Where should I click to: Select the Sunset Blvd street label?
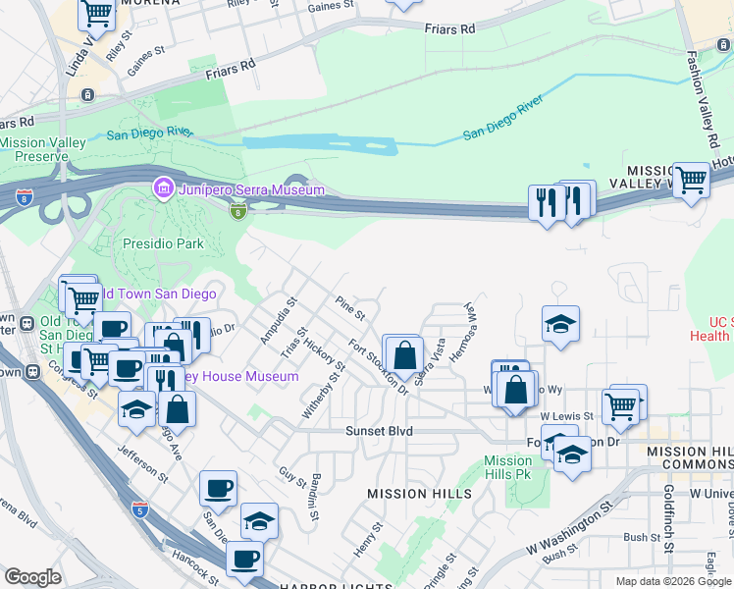pyautogui.click(x=379, y=431)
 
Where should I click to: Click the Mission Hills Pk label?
pyautogui.click(x=508, y=467)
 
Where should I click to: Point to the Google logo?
pyautogui.click(x=32, y=577)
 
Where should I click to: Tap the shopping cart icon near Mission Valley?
pyautogui.click(x=692, y=180)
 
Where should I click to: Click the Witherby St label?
pyautogui.click(x=324, y=394)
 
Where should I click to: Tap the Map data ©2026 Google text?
pyautogui.click(x=672, y=581)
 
